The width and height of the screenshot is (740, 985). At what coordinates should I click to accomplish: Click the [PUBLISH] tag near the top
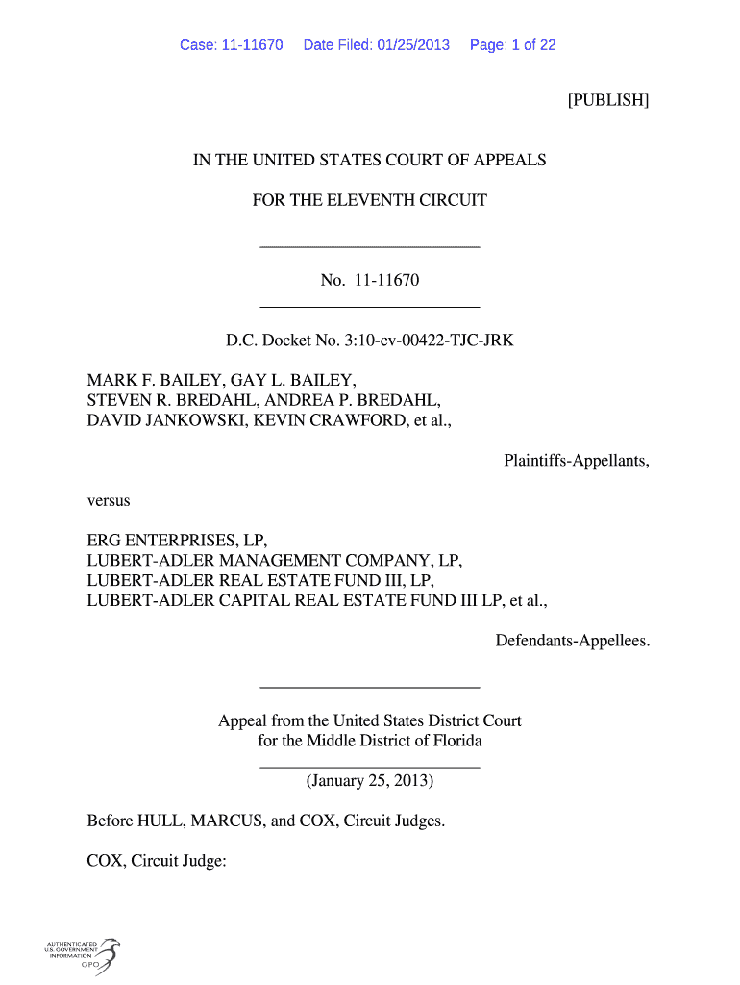(608, 100)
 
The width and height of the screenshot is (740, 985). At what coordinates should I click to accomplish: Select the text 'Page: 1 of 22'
(512, 45)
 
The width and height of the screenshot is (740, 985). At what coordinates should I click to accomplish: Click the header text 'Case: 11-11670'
(231, 45)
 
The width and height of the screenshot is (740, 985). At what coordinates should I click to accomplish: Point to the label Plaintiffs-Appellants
(577, 461)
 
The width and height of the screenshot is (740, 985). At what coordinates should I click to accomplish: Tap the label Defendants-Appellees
(573, 640)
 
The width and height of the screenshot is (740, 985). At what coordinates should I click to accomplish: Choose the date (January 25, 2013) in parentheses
(370, 781)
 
